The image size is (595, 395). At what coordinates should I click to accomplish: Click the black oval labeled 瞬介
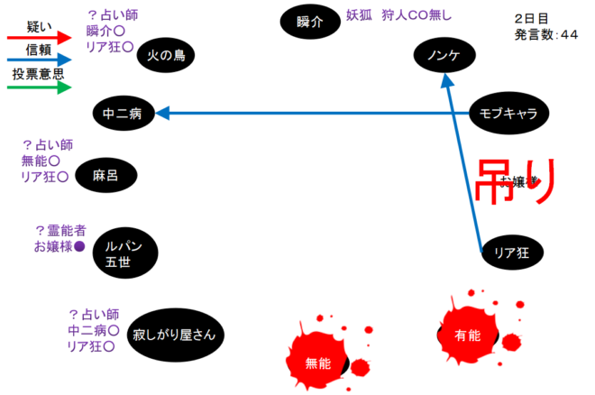309,21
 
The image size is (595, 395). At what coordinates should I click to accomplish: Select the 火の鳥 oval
167,56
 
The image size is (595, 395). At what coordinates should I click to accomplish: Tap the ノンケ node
444,56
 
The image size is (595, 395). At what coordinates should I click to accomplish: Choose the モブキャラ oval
509,113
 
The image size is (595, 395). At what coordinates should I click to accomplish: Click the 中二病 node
124,114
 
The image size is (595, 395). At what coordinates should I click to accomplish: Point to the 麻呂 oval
105,176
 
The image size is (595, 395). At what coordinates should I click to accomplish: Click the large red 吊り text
514,184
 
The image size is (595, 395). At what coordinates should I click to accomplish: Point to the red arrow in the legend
38,38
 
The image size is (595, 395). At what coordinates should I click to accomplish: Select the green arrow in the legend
38,87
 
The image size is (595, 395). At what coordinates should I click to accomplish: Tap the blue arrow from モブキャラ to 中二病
316,113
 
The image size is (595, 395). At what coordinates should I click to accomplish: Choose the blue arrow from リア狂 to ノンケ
465,162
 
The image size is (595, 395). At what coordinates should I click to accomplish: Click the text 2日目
531,18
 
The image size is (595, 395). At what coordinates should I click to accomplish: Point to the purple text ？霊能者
60,230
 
